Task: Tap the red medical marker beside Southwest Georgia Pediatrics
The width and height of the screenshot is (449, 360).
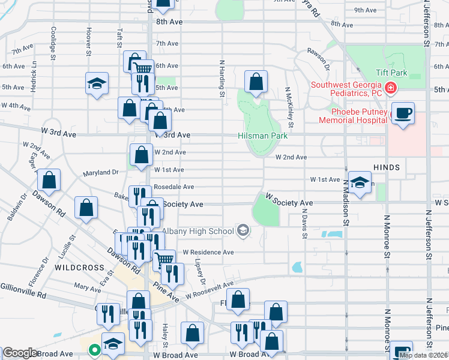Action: pyautogui.click(x=391, y=89)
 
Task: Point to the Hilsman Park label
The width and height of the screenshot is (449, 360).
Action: pyautogui.click(x=263, y=136)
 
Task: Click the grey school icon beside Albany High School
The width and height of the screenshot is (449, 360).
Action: pyautogui.click(x=243, y=230)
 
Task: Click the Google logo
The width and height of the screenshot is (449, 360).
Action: pyautogui.click(x=19, y=353)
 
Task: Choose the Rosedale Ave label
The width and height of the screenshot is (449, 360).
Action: pyautogui.click(x=174, y=187)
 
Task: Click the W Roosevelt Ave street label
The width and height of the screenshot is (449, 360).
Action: pyautogui.click(x=209, y=291)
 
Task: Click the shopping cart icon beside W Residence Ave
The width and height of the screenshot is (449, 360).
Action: pyautogui.click(x=163, y=260)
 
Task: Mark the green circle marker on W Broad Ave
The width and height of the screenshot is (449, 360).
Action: pyautogui.click(x=94, y=350)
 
